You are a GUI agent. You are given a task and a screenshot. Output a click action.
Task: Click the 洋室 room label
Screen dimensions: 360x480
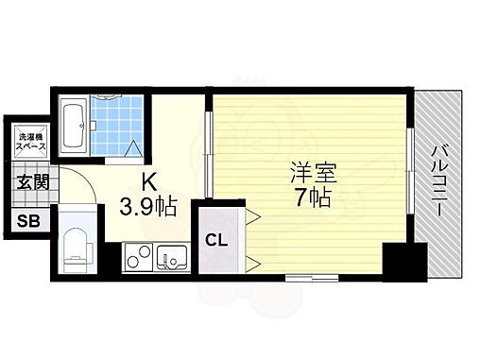pos(313,176)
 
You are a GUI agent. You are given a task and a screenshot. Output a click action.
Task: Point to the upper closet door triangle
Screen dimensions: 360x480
pos(252,217)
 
